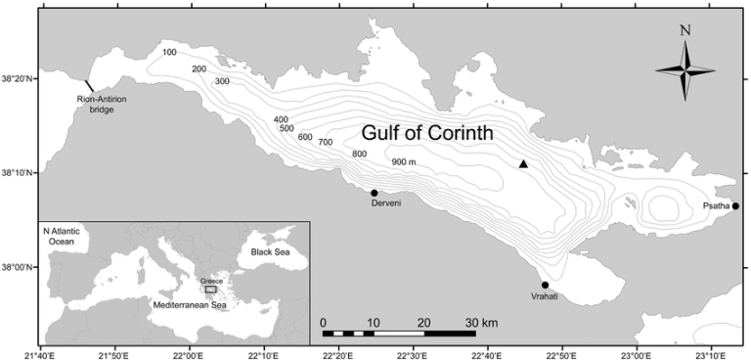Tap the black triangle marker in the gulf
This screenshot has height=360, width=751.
(524, 164)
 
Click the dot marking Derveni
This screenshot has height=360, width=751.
(375, 193)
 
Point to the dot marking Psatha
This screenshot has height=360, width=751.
(735, 205)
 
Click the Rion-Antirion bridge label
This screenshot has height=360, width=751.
(97, 105)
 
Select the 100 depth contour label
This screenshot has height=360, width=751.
(169, 52)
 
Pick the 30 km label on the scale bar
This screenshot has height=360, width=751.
(481, 322)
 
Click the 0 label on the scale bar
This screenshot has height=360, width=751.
(323, 322)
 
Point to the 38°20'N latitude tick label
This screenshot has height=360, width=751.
(19, 80)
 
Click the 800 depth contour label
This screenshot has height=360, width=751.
(359, 155)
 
